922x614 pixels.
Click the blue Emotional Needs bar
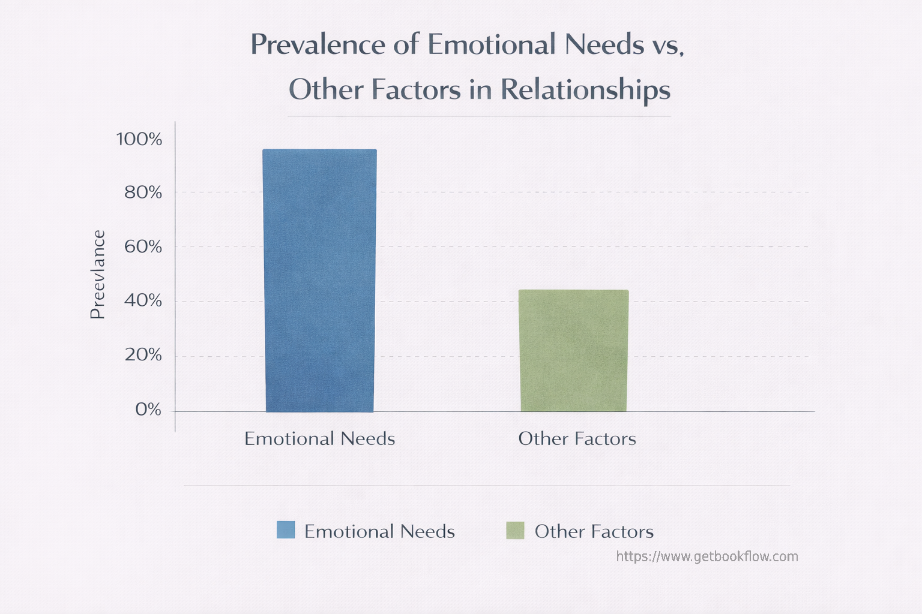tap(320, 281)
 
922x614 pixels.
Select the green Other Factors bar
tap(574, 351)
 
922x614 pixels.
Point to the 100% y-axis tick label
tap(139, 140)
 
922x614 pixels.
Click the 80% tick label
tap(143, 192)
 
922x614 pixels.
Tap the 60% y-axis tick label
tap(143, 246)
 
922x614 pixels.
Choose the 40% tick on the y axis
tap(143, 300)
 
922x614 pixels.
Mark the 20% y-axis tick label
tap(143, 355)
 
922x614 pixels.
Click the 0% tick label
tap(148, 410)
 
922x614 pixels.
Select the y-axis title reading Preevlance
tap(97, 275)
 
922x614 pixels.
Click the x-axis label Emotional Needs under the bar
tap(319, 439)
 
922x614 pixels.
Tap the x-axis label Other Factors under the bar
tap(577, 439)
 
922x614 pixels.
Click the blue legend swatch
tap(286, 530)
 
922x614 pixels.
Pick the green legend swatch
tap(515, 531)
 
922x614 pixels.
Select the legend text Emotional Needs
tap(379, 531)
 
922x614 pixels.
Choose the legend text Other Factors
tap(594, 531)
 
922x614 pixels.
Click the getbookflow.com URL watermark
tap(707, 556)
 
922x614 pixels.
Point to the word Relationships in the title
tap(585, 91)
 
